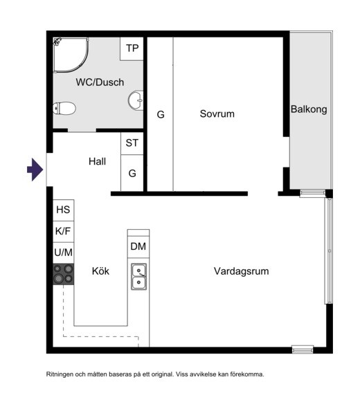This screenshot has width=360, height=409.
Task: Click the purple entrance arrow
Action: [x=35, y=170]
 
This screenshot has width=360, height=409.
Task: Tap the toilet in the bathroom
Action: [x=64, y=108]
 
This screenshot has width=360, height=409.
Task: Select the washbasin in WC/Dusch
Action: [x=136, y=100]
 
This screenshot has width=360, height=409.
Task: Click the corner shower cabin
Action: [x=71, y=55]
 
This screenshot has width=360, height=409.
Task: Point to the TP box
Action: [x=132, y=48]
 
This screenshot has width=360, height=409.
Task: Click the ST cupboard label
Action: [x=132, y=143]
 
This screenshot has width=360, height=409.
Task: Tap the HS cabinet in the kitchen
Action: [x=64, y=210]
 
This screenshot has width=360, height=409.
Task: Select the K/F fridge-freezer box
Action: [x=64, y=232]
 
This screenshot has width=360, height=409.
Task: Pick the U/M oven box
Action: [x=64, y=253]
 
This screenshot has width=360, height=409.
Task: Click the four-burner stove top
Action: [x=64, y=274]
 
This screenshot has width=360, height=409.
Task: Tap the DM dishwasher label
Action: [x=138, y=246]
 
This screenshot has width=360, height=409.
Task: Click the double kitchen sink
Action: [x=138, y=277]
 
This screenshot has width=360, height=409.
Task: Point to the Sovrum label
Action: [x=217, y=114]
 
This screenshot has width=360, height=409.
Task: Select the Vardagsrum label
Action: [x=242, y=271]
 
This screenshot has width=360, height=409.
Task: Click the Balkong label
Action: [x=309, y=109]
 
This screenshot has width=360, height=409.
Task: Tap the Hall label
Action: [x=98, y=161]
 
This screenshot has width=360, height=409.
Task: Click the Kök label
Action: [x=100, y=271]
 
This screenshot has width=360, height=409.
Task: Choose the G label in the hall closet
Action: [x=132, y=173]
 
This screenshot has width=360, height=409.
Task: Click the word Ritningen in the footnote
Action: [x=60, y=374]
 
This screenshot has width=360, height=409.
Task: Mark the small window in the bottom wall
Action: [x=303, y=349]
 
